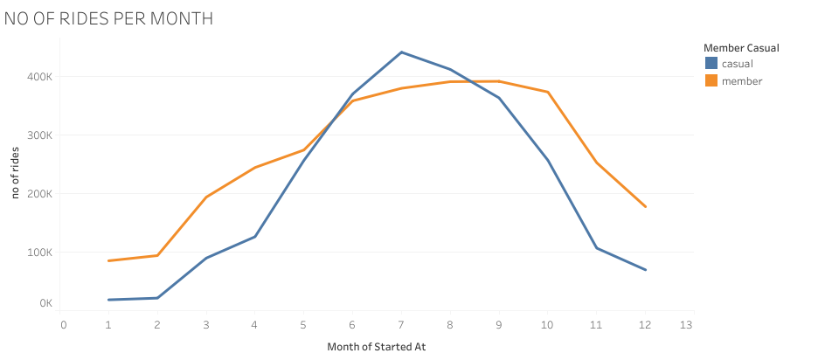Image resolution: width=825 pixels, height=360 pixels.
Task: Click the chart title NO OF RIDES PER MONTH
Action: [109, 18]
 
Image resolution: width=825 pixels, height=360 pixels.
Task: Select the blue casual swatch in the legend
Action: [711, 63]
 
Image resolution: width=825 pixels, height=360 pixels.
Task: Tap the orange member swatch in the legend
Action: [711, 80]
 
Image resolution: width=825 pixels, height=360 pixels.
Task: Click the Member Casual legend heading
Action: [740, 47]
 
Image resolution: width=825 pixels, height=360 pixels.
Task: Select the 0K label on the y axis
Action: [45, 303]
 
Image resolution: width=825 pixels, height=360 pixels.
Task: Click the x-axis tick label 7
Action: [401, 324]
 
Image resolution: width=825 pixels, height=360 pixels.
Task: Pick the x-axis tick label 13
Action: [686, 324]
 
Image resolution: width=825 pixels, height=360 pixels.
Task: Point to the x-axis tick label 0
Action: [63, 324]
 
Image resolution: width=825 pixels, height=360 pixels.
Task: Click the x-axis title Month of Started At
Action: [376, 346]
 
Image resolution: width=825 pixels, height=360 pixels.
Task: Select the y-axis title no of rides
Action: [15, 171]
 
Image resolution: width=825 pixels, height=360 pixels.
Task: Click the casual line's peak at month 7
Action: [401, 52]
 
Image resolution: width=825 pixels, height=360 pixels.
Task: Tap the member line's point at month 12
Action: [645, 206]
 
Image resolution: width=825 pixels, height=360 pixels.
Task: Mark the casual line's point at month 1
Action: [109, 300]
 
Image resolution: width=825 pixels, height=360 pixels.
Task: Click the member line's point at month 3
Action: [206, 197]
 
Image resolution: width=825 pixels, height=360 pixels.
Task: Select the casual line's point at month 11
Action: [596, 248]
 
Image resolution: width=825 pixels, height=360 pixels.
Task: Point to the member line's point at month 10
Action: [547, 92]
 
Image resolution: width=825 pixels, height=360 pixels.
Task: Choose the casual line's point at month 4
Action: [255, 237]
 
